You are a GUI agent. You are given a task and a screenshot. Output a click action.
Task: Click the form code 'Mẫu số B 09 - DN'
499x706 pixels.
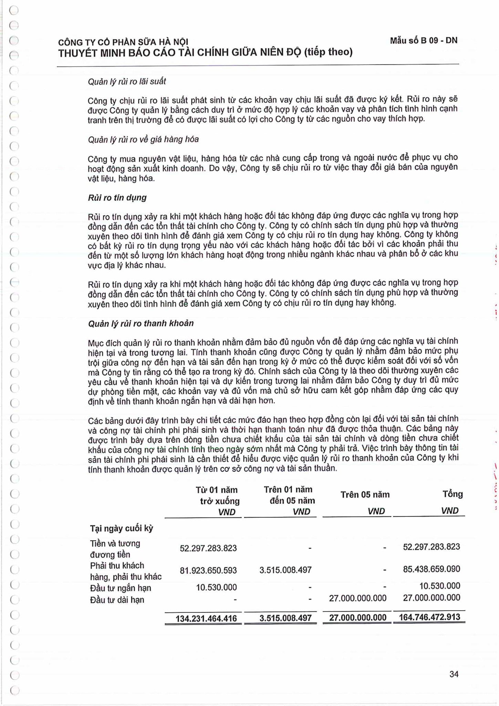(x=424, y=40)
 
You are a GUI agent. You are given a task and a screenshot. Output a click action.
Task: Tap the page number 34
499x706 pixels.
(x=454, y=674)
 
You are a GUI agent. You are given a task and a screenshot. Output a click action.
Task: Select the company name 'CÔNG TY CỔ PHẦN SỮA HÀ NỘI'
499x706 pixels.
(x=123, y=42)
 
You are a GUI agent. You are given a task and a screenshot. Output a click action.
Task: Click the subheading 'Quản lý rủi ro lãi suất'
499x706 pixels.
(x=127, y=81)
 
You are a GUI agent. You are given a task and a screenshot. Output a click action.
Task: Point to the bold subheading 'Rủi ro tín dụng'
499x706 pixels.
(x=117, y=198)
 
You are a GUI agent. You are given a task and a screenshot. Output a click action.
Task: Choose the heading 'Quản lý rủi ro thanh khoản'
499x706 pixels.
(x=141, y=323)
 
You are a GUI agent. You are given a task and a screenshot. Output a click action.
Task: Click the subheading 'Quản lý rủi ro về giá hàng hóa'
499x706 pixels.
(x=143, y=139)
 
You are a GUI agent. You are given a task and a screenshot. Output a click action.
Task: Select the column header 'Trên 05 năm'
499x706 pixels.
(x=365, y=495)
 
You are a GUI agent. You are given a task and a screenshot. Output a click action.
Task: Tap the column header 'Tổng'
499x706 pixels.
(x=453, y=494)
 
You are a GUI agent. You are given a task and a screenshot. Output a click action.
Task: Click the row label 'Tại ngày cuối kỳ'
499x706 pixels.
(x=122, y=528)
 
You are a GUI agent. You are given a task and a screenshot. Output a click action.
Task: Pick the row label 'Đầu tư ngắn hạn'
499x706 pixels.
(x=121, y=588)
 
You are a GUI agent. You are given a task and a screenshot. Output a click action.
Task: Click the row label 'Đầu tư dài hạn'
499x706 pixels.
(x=117, y=600)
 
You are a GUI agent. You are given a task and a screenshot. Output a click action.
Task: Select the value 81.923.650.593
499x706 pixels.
(x=208, y=571)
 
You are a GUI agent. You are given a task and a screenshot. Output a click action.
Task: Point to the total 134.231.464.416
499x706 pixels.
(x=206, y=618)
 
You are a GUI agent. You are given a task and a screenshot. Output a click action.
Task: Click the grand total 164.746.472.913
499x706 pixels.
(x=429, y=617)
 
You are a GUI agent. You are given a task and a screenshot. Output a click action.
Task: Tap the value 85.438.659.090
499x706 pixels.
(x=431, y=569)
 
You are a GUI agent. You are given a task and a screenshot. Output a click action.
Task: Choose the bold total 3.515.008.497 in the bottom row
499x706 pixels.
(x=285, y=618)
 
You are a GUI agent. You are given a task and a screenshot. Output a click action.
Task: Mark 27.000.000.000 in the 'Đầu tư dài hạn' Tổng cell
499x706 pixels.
(x=431, y=598)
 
